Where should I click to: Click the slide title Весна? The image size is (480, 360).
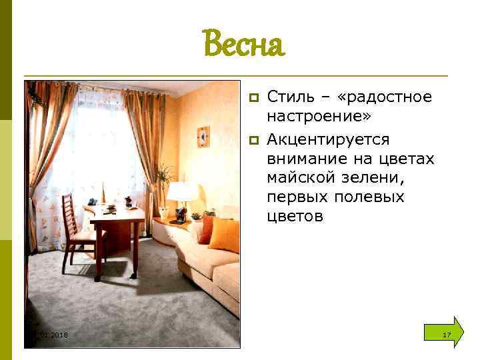click(243, 45)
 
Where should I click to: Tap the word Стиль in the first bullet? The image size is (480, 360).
click(288, 97)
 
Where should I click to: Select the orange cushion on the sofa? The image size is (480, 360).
click(223, 235)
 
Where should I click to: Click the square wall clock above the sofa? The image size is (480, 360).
click(203, 136)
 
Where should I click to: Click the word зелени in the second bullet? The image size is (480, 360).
click(375, 178)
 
